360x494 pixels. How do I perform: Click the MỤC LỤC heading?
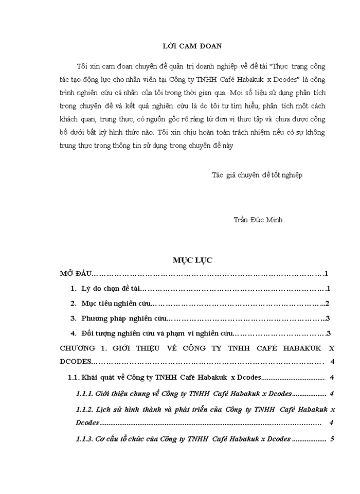point(193,260)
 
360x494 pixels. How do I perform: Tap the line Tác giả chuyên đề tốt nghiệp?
point(257,175)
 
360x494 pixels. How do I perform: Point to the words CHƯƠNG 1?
point(81,348)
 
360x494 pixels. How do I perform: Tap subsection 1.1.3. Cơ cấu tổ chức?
point(183,439)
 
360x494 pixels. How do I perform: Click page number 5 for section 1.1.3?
point(333,439)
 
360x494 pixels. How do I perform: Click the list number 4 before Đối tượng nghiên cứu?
point(74,334)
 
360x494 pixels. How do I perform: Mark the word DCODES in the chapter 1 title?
point(76,362)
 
